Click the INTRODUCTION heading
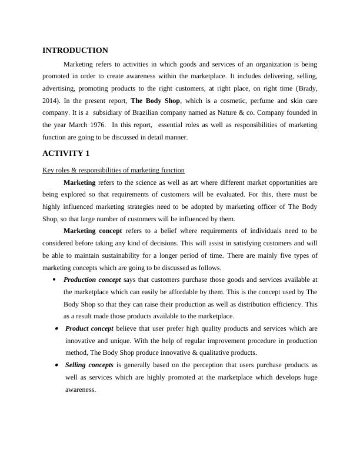(75, 51)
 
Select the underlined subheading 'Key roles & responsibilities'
(114, 170)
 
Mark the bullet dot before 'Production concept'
(55, 280)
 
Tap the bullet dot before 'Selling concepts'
(55, 365)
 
